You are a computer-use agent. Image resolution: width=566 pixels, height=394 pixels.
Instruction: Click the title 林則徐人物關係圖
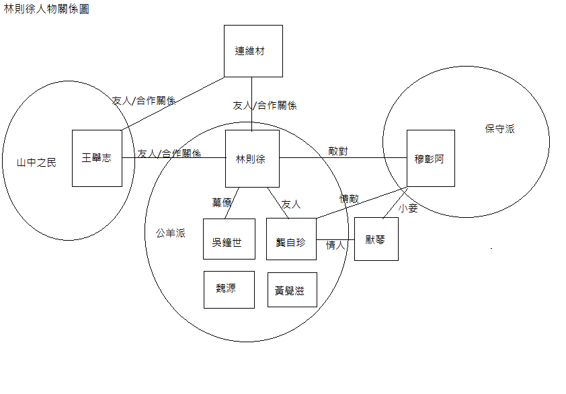point(46,10)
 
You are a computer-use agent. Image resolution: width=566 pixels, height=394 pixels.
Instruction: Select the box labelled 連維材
point(253,51)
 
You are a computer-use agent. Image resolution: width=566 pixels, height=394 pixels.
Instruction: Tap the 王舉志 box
point(97,159)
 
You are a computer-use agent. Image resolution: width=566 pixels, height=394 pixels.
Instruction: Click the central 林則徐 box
point(251,159)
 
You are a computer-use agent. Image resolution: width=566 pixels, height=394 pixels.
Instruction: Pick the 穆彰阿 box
point(430,159)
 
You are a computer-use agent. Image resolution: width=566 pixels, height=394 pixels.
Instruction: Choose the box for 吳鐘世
point(229,239)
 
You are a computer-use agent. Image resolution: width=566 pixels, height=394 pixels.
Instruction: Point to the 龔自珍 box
point(291,239)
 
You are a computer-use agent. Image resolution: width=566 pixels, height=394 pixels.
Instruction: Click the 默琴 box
point(376,239)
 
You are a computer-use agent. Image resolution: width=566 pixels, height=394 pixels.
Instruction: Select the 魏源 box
point(229,289)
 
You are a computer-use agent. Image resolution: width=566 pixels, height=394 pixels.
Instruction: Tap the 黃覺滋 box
point(291,290)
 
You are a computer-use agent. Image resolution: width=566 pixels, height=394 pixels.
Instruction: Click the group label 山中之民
point(37,162)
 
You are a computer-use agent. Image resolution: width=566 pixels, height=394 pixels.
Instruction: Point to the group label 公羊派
point(171,233)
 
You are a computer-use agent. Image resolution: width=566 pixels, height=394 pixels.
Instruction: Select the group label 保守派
point(499,128)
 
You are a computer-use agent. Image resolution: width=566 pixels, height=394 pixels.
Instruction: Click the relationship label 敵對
point(338,151)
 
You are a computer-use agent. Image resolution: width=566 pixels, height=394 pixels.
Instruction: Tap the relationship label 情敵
point(350,198)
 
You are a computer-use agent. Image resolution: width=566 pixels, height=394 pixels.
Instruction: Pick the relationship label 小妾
point(408,208)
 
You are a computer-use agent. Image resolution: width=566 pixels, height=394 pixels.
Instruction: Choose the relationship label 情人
point(335,245)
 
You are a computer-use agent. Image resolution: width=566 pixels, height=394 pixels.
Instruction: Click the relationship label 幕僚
point(222,202)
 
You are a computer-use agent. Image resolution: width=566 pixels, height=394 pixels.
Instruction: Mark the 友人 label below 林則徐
point(291,202)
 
